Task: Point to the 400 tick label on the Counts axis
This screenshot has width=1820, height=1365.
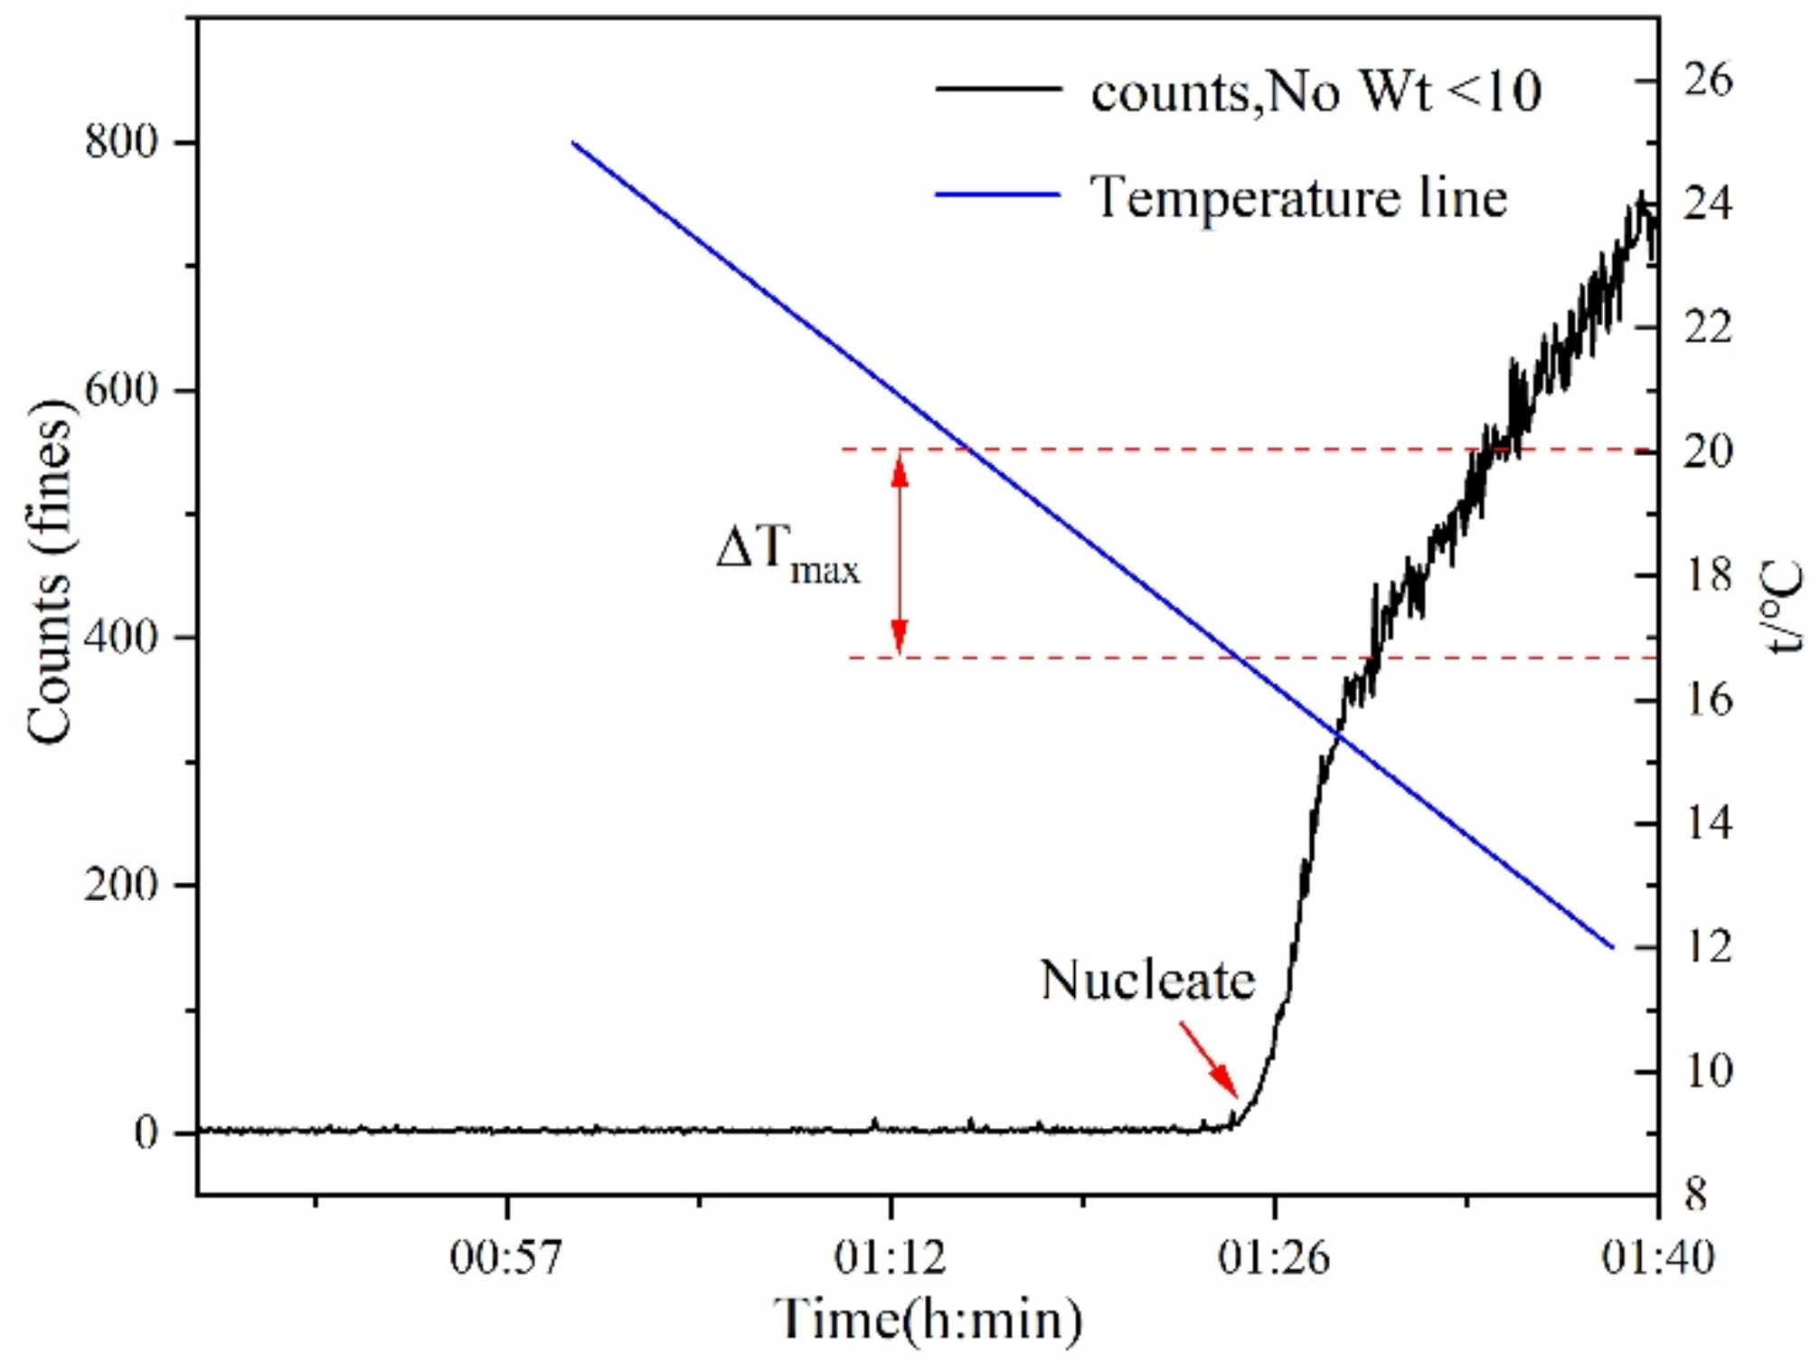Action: (120, 637)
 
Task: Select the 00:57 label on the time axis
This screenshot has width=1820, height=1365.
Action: (506, 1257)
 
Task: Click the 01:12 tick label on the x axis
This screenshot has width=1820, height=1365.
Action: (891, 1257)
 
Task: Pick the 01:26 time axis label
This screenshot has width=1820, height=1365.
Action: (1274, 1257)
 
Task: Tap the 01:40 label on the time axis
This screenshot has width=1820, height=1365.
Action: (1657, 1257)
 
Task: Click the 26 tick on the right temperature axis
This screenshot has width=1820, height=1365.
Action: (1708, 80)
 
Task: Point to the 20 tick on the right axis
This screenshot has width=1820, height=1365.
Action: (1708, 450)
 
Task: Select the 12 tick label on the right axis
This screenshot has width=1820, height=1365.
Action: (1708, 946)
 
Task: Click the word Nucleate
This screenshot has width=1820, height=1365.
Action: (1147, 980)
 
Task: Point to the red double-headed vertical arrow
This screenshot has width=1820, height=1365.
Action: (899, 552)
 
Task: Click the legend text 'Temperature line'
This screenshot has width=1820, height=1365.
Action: (1298, 196)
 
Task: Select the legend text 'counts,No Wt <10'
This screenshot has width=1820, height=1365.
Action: (1315, 91)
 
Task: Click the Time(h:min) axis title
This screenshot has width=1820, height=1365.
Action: (928, 1319)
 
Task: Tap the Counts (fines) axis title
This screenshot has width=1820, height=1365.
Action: (51, 572)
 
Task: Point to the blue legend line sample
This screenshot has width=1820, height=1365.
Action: (997, 194)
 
